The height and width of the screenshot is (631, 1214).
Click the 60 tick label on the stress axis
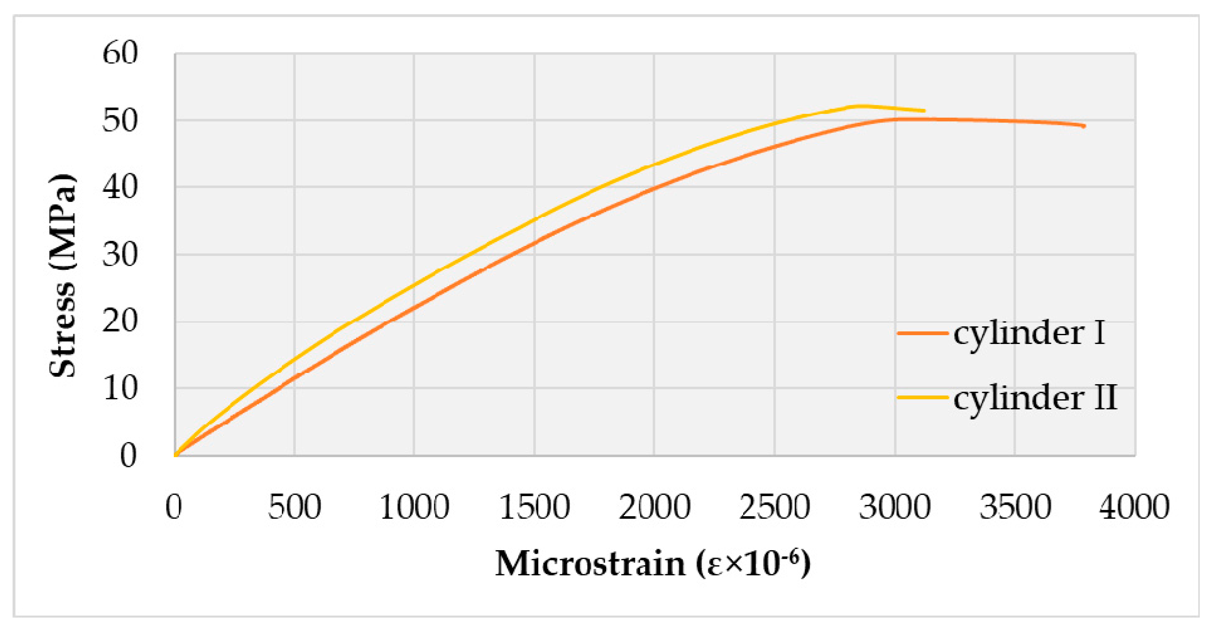120,53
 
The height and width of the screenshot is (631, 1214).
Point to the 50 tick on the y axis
120,120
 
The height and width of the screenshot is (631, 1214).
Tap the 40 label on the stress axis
120,187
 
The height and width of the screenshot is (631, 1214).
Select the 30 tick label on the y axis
120,255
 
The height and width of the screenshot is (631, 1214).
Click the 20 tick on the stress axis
120,321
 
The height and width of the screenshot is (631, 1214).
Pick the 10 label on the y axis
120,388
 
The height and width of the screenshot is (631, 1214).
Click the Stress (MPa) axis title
62,276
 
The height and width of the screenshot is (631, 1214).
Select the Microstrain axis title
653,564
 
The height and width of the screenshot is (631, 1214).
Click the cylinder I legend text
1029,333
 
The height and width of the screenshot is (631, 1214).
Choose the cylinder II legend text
1035,398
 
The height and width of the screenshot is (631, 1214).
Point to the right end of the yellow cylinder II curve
924,111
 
